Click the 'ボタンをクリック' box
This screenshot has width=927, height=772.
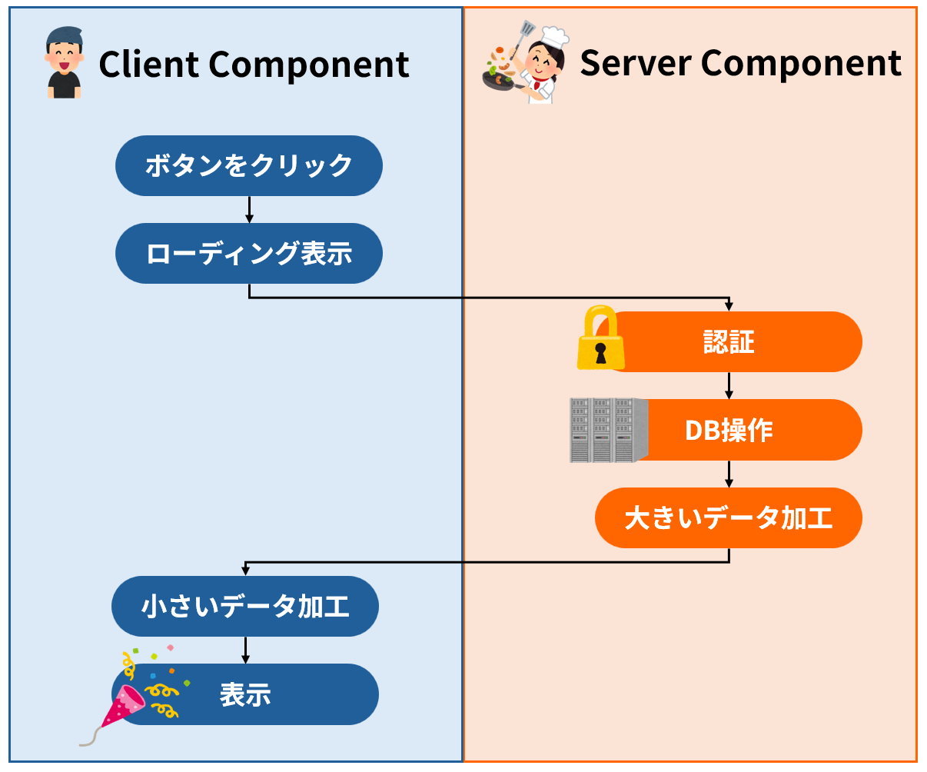pos(248,166)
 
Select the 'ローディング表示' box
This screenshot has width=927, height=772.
pos(248,254)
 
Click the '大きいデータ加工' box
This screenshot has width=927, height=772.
pos(728,517)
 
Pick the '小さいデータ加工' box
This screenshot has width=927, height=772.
pos(245,606)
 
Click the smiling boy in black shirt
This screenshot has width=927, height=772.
pos(64,63)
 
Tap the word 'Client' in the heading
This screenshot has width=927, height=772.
pos(148,65)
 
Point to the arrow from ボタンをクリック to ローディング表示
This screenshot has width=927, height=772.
pos(249,209)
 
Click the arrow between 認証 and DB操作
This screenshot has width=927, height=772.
pos(729,385)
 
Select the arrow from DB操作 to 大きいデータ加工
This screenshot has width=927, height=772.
pos(729,474)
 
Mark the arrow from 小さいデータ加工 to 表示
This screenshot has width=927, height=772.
pos(245,650)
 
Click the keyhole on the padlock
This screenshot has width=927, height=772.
pos(601,354)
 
